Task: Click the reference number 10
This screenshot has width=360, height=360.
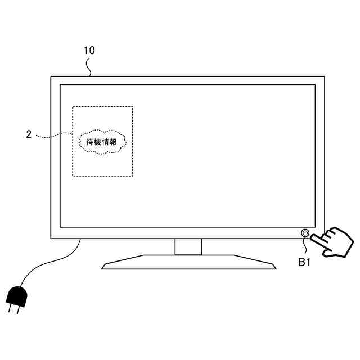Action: click(89, 50)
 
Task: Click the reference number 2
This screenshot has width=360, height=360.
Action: click(29, 134)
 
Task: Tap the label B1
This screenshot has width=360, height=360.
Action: click(304, 261)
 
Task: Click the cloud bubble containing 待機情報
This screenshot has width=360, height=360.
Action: click(102, 141)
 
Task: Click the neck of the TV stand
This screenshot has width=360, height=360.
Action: click(188, 246)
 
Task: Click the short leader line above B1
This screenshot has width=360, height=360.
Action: click(305, 245)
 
